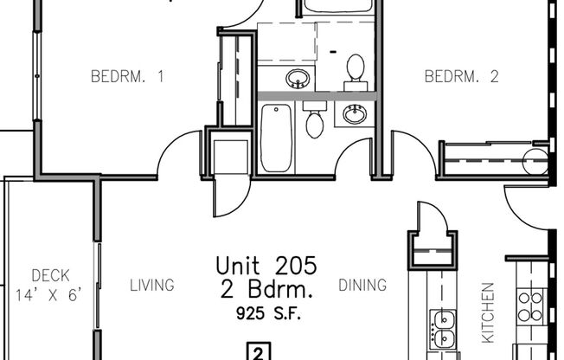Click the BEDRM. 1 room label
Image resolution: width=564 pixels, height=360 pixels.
click(x=127, y=77)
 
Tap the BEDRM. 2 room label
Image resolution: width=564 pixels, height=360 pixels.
click(x=461, y=77)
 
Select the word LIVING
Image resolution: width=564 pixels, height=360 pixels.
click(x=152, y=285)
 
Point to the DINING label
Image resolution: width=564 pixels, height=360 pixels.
click(x=362, y=285)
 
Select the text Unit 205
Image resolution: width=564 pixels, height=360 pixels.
click(x=266, y=264)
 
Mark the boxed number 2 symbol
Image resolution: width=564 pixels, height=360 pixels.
click(x=257, y=351)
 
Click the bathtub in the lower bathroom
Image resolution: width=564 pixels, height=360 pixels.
click(x=277, y=138)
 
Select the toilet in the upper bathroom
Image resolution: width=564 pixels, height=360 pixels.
click(x=355, y=68)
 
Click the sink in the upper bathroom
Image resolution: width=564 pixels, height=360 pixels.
click(x=298, y=78)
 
